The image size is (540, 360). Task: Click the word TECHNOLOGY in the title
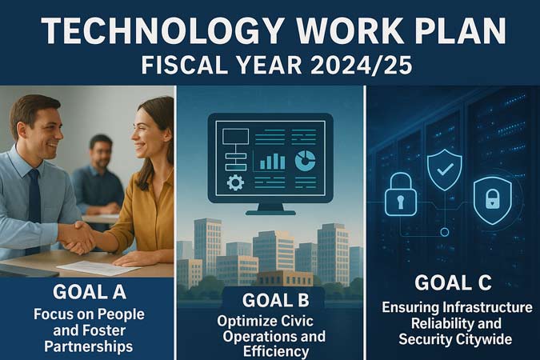[163, 30]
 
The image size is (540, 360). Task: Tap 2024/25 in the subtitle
[361, 65]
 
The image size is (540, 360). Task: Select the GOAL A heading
[90, 292]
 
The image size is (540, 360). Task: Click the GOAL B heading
[275, 300]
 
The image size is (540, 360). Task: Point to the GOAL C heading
[454, 283]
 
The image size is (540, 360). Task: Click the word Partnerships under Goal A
[89, 346]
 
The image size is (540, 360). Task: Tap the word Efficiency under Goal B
[276, 352]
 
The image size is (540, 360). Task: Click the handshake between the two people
[78, 238]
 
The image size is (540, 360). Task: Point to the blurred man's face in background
[101, 151]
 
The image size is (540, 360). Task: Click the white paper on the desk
[98, 268]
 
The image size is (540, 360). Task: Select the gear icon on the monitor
[235, 182]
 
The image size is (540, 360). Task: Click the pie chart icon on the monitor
[305, 161]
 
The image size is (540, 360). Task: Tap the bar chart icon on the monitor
[272, 162]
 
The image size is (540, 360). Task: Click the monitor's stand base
[270, 213]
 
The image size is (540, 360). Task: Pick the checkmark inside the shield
[445, 169]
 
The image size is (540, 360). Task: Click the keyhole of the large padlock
[400, 202]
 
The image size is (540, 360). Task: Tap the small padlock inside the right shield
[493, 199]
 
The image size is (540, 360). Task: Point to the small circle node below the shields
[445, 232]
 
